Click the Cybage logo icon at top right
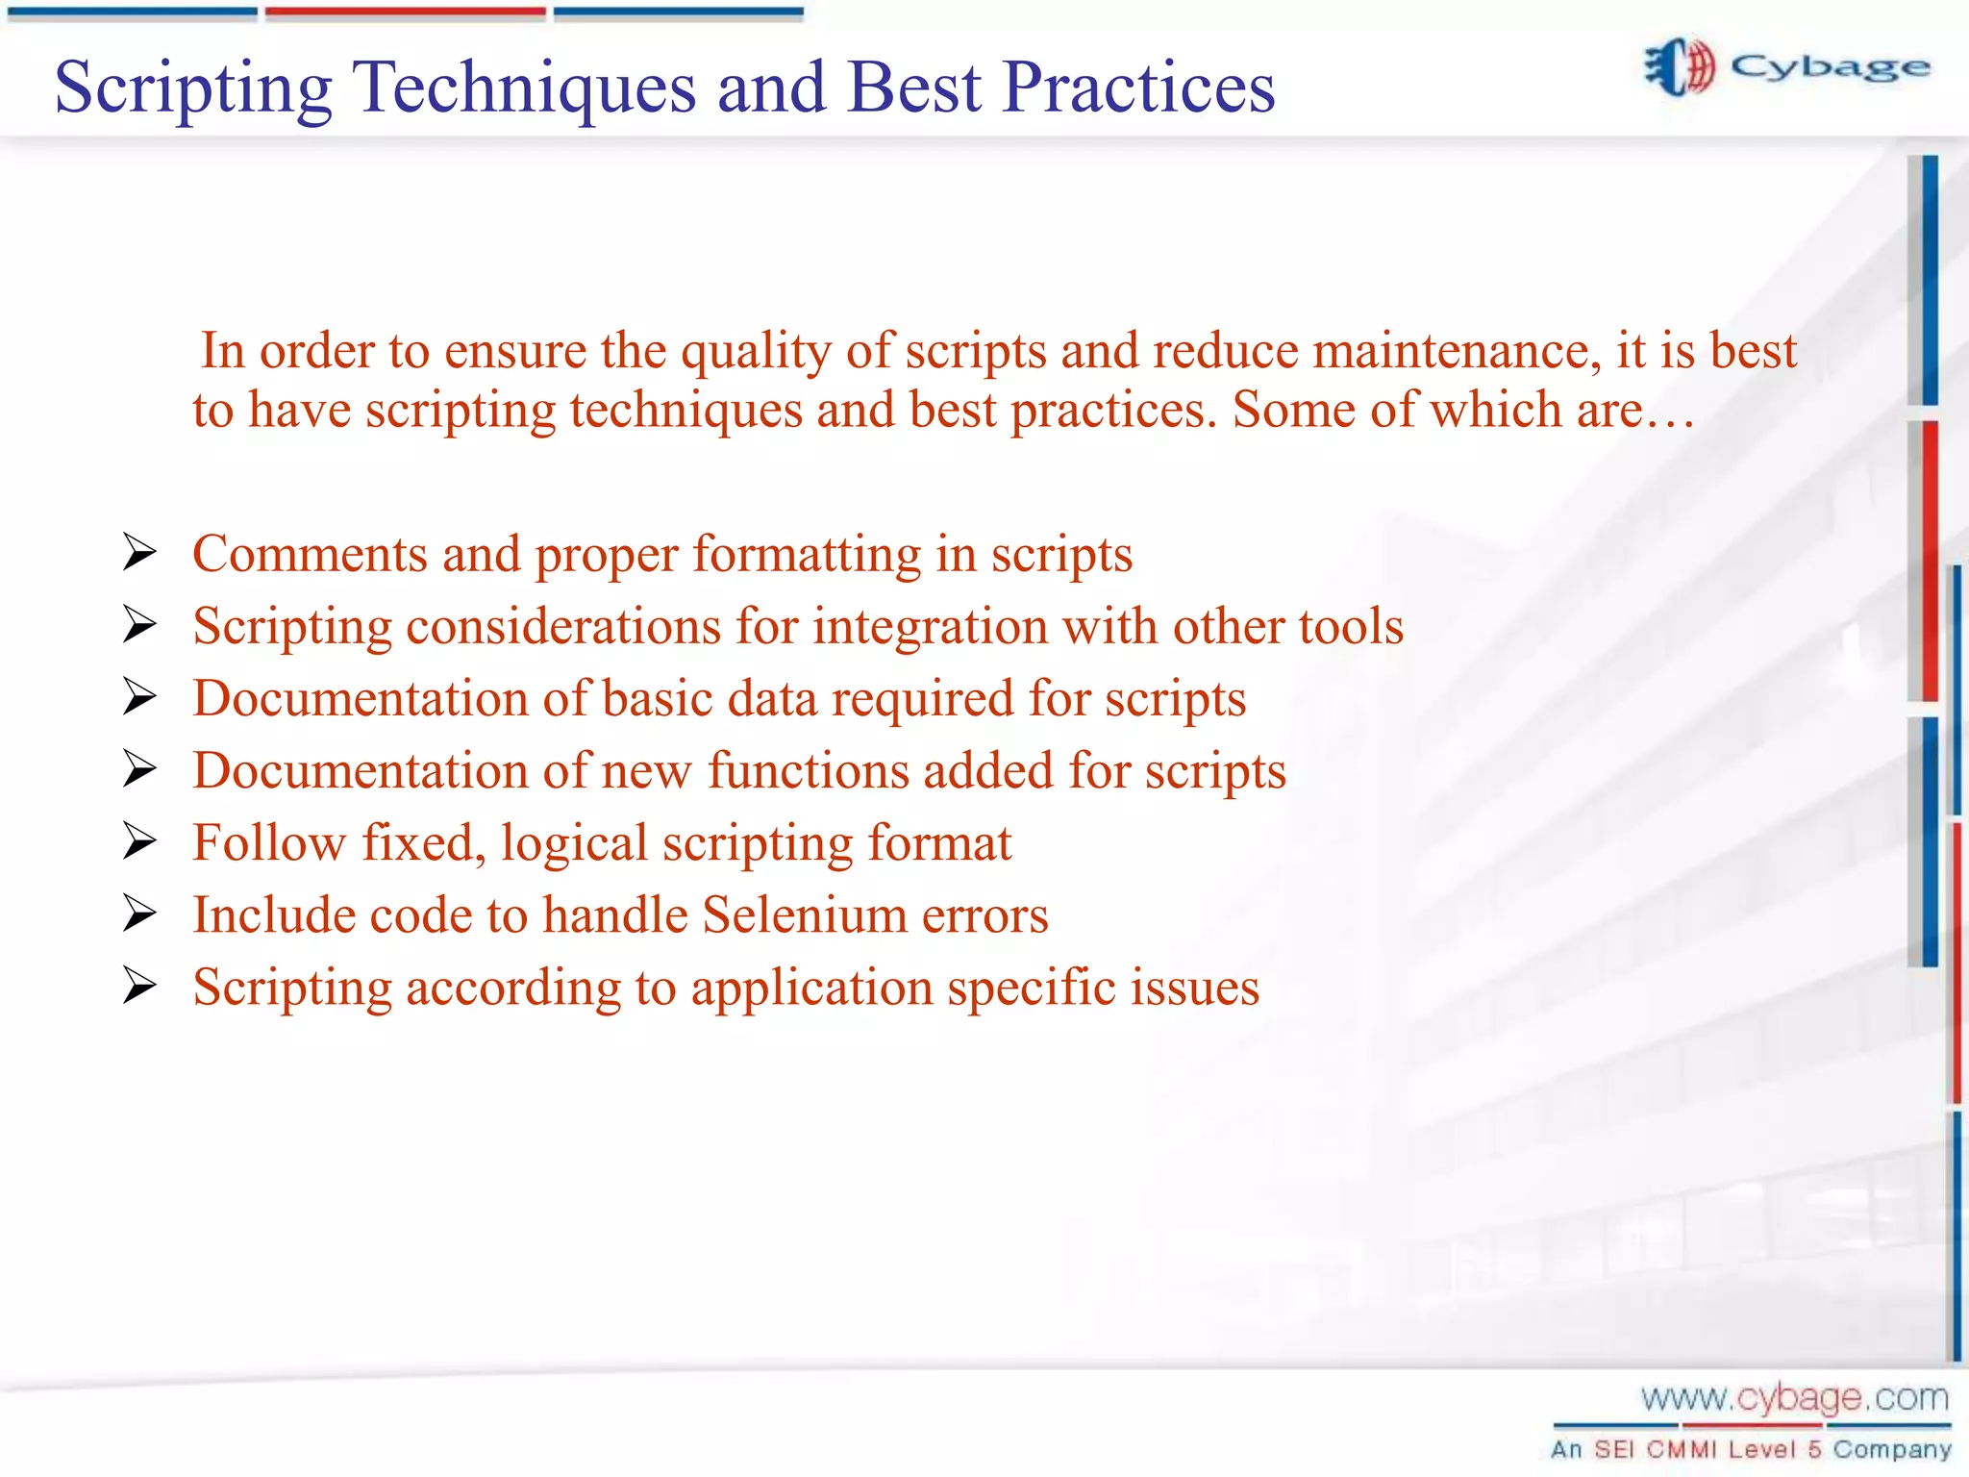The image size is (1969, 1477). coord(1680,67)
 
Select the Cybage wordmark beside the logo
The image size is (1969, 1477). coord(1830,67)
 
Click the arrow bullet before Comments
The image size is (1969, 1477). coord(139,553)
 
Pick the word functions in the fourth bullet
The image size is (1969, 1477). coord(808,770)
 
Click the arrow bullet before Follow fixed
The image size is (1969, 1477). coord(139,841)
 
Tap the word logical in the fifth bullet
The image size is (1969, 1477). coord(574,844)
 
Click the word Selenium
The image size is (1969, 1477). coord(804,914)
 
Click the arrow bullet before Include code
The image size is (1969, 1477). coord(139,914)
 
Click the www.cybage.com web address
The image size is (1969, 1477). coord(1794,1397)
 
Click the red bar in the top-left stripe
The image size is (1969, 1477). coord(405,13)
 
